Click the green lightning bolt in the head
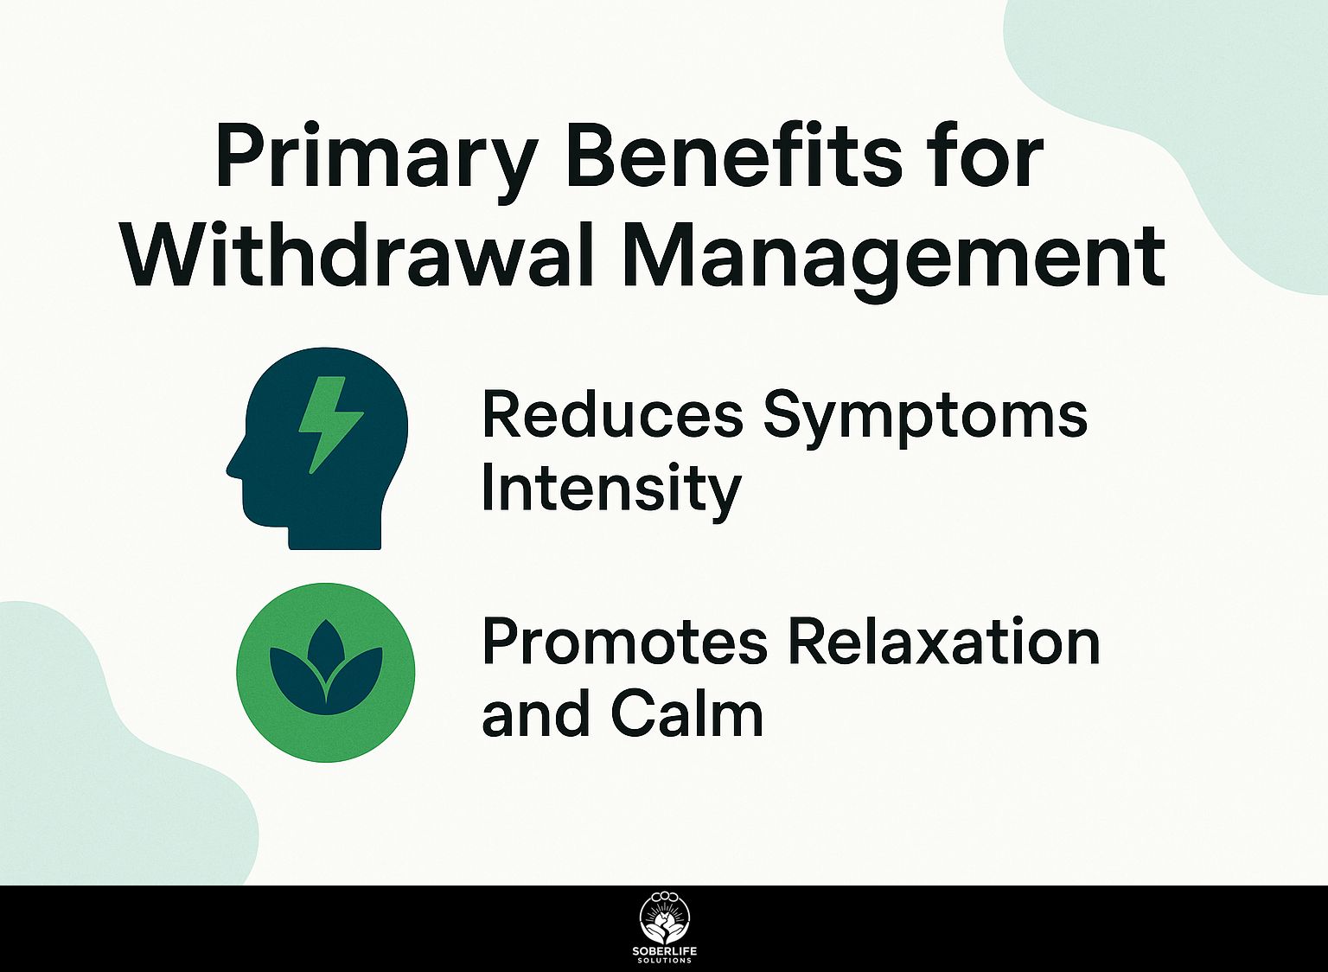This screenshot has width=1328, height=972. coord(330,425)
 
